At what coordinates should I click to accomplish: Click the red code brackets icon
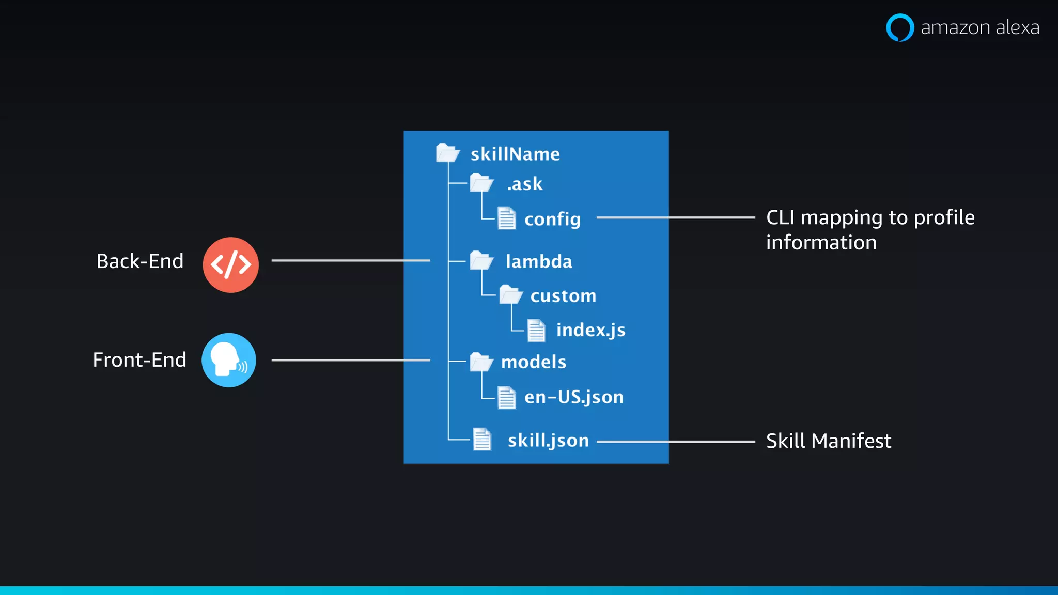230,265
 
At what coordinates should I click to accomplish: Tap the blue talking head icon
228,360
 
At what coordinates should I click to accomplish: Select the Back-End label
140,261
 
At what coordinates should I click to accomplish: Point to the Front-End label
139,360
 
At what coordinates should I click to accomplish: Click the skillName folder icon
447,153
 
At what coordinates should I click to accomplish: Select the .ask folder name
525,184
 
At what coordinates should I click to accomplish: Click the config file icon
506,218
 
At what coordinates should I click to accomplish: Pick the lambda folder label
539,261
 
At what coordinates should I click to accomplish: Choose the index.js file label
590,330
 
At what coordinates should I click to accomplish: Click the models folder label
534,362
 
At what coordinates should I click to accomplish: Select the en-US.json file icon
506,397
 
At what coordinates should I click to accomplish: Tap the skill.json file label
548,441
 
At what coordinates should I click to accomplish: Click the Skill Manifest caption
829,441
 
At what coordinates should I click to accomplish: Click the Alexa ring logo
900,27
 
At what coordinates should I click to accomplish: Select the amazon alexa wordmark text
980,27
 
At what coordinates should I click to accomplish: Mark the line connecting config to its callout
676,218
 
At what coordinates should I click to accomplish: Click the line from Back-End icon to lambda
351,260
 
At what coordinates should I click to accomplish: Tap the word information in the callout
821,243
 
